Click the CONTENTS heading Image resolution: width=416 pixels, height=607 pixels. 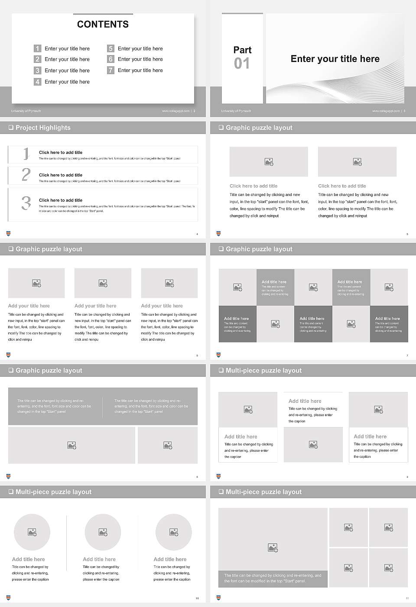pyautogui.click(x=103, y=24)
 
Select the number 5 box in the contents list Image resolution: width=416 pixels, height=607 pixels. pyautogui.click(x=110, y=49)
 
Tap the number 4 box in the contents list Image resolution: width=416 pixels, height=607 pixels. pyautogui.click(x=38, y=82)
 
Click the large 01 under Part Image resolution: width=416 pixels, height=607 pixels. pyautogui.click(x=242, y=64)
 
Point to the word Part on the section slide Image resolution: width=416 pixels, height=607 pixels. pyautogui.click(x=242, y=50)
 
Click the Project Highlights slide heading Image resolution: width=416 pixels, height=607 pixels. pyautogui.click(x=42, y=127)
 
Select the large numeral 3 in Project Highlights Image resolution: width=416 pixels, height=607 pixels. pyautogui.click(x=26, y=203)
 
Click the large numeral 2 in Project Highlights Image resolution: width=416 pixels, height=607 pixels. pyautogui.click(x=26, y=175)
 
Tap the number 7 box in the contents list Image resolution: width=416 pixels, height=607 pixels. pyautogui.click(x=110, y=70)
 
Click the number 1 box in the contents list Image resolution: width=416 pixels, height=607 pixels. pyautogui.click(x=38, y=49)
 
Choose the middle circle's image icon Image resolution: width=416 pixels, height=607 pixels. pyautogui.click(x=103, y=532)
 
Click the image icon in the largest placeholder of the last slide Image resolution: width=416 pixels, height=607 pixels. pyautogui.click(x=273, y=548)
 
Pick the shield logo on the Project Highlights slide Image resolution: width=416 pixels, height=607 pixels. pyautogui.click(x=8, y=234)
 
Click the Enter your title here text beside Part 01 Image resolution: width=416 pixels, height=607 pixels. pyautogui.click(x=335, y=59)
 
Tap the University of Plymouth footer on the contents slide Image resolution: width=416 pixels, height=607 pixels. pyautogui.click(x=26, y=111)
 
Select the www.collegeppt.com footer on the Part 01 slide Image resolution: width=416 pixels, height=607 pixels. pyautogui.click(x=385, y=111)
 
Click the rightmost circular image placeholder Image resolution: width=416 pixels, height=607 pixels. pyautogui.click(x=173, y=532)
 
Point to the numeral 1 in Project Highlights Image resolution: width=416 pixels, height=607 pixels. pyautogui.click(x=26, y=153)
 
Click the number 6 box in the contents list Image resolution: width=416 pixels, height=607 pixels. pyautogui.click(x=110, y=59)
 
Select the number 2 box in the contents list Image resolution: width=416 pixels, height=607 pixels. pyautogui.click(x=38, y=59)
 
